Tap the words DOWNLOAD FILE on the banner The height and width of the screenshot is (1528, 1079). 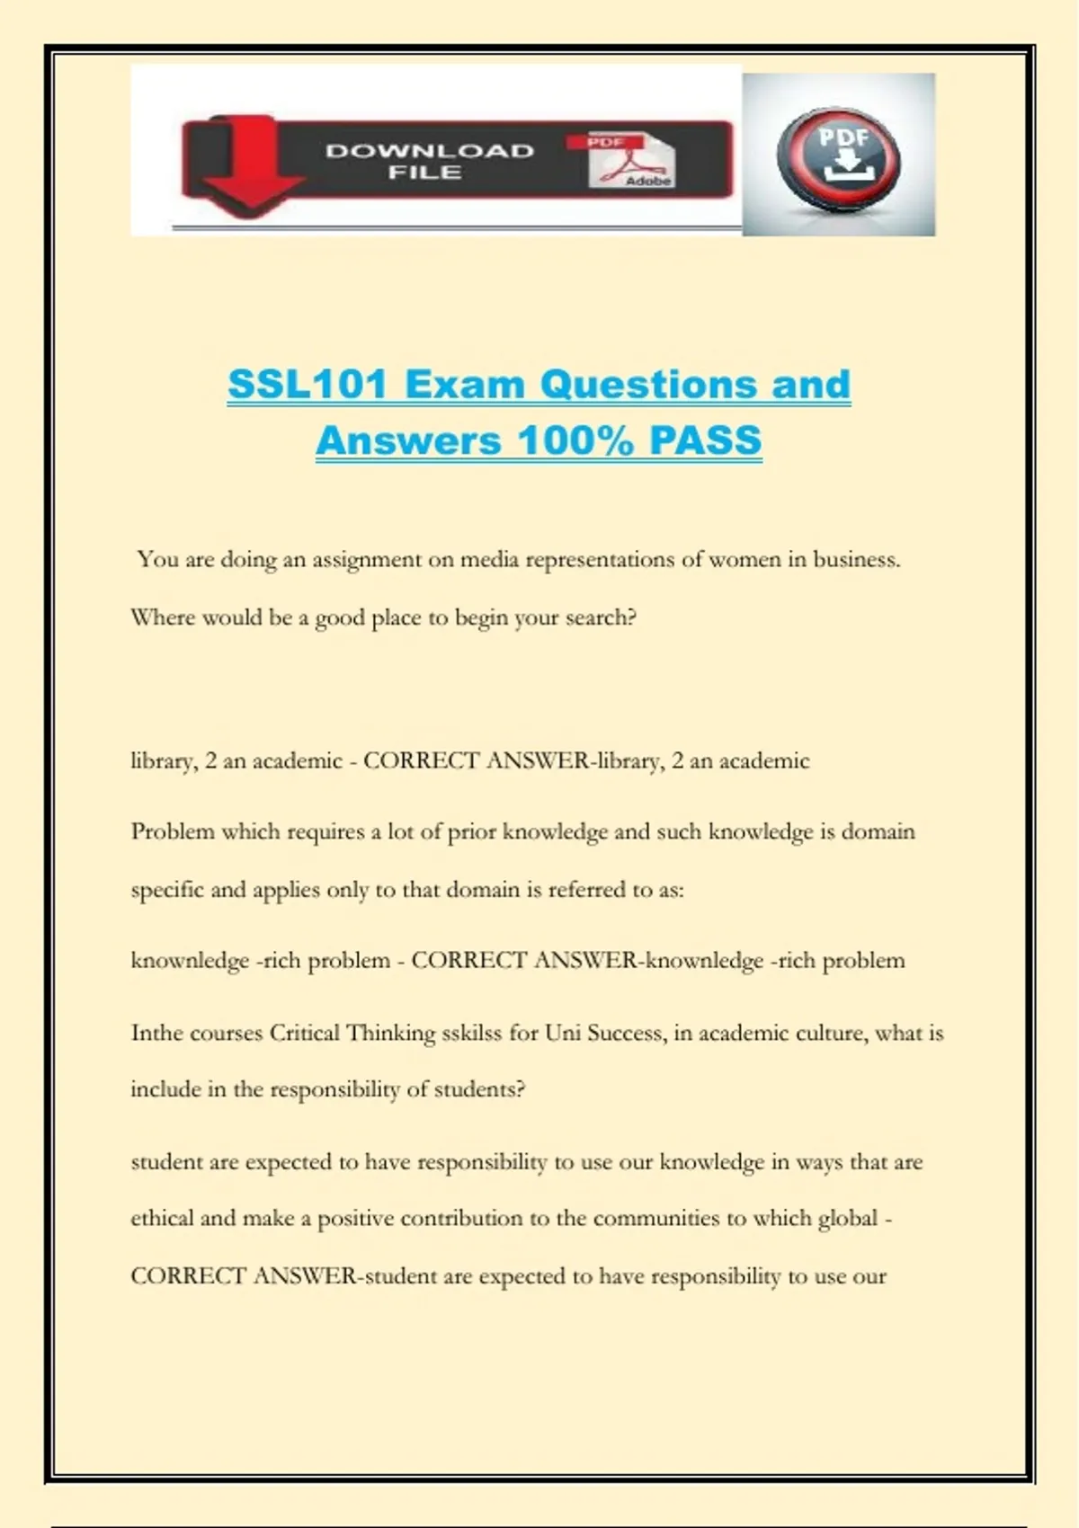point(429,162)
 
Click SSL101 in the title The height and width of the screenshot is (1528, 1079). point(307,385)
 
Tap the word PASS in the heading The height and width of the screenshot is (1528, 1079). point(706,440)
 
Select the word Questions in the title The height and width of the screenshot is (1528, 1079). point(648,385)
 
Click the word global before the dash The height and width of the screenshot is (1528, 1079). point(847,1219)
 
